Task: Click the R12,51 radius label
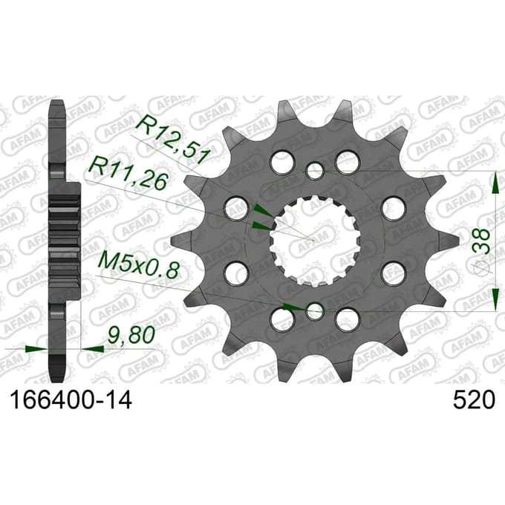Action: coord(172,138)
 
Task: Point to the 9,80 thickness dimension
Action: coord(131,335)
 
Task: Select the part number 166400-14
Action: coord(71,400)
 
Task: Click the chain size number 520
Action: coord(474,400)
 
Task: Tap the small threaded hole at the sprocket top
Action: coord(314,171)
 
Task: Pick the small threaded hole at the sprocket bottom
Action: coord(314,311)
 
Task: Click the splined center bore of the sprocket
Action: coord(314,241)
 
